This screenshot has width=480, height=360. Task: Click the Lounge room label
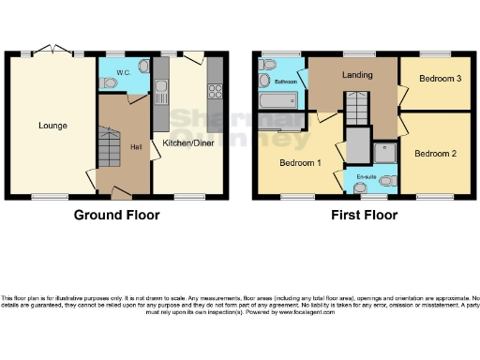(52, 125)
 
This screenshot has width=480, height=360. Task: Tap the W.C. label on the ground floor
(122, 72)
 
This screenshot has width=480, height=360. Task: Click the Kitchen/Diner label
(187, 142)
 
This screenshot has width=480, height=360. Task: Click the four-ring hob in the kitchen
(214, 92)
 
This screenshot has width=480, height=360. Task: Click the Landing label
(357, 75)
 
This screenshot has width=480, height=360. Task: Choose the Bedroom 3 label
(440, 78)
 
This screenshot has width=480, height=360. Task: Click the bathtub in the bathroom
(278, 100)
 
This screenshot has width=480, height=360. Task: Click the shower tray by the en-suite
(385, 152)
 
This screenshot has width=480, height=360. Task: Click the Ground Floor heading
(117, 215)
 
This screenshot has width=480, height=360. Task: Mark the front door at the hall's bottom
(120, 193)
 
